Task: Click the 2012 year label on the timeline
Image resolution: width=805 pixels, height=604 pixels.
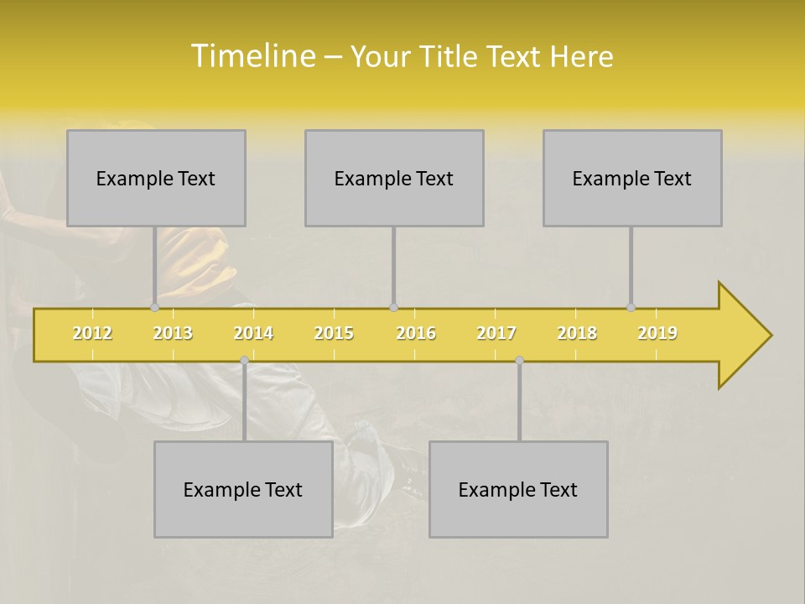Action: coord(92,333)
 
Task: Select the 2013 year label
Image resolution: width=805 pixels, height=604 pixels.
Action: coord(173,333)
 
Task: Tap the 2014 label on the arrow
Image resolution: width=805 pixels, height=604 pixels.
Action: coord(253,333)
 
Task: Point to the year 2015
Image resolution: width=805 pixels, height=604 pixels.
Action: coord(334,333)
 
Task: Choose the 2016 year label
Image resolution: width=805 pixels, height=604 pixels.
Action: coord(416,333)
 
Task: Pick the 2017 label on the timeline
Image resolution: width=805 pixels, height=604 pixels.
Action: coord(496,333)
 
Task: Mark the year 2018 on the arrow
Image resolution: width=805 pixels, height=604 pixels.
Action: coord(577,333)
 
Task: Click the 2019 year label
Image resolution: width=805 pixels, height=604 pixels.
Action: coord(657,333)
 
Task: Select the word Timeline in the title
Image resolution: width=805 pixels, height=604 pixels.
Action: coord(252,55)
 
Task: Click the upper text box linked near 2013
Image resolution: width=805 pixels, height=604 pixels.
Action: coord(156,178)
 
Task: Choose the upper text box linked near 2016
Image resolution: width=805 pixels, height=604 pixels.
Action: coord(394,178)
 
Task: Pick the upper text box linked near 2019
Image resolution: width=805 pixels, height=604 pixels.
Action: coord(632,178)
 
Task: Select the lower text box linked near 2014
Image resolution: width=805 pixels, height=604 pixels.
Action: coord(243,489)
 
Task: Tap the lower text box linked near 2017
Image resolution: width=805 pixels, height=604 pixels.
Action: coord(518,489)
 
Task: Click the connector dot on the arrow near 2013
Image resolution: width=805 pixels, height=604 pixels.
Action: coord(154,308)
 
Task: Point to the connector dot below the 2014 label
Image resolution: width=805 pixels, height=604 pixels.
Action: coord(244,360)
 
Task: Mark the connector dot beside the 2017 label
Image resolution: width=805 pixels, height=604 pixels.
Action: coord(519,360)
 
